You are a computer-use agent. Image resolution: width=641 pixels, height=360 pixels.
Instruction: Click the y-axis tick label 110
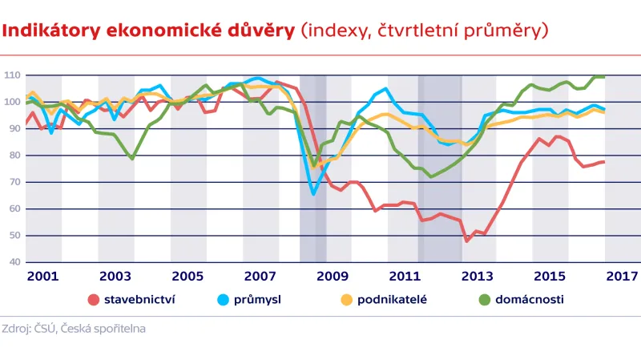coord(11,75)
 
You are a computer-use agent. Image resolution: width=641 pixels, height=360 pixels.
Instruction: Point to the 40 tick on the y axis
coord(13,262)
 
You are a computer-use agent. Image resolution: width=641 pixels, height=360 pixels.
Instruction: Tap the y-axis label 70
coord(13,182)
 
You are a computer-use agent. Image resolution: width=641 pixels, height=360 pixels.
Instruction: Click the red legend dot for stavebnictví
coord(94,300)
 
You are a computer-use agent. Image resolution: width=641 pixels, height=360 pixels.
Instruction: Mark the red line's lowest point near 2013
coord(467,241)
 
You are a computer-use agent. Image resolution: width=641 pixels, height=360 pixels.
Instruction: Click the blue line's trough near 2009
coord(313,193)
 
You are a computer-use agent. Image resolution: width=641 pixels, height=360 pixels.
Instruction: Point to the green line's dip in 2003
coord(132,159)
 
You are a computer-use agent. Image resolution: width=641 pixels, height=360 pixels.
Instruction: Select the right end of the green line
coord(603,77)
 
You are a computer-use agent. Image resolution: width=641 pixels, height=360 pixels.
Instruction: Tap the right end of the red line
coord(603,162)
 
